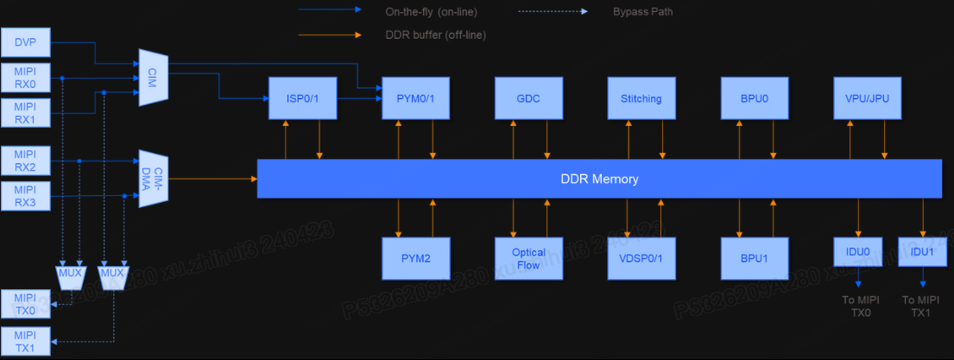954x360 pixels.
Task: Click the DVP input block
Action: [26, 40]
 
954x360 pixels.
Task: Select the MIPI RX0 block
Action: [26, 78]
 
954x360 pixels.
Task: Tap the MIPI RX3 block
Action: [26, 196]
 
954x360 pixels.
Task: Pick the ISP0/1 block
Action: [302, 98]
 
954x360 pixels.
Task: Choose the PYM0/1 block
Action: [416, 98]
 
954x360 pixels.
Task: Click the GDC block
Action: [528, 98]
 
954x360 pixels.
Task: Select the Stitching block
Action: [641, 98]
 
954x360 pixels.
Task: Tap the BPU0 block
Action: [755, 98]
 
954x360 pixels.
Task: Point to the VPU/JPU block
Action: [867, 98]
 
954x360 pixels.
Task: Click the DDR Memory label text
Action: [599, 179]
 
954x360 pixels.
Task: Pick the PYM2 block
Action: [416, 258]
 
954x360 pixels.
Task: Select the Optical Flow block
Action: [528, 258]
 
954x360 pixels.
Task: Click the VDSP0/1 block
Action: [641, 258]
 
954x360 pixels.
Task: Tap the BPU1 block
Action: [755, 258]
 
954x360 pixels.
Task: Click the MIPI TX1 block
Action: [26, 341]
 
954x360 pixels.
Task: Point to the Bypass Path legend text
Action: [642, 12]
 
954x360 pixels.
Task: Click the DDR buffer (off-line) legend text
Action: [435, 35]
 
